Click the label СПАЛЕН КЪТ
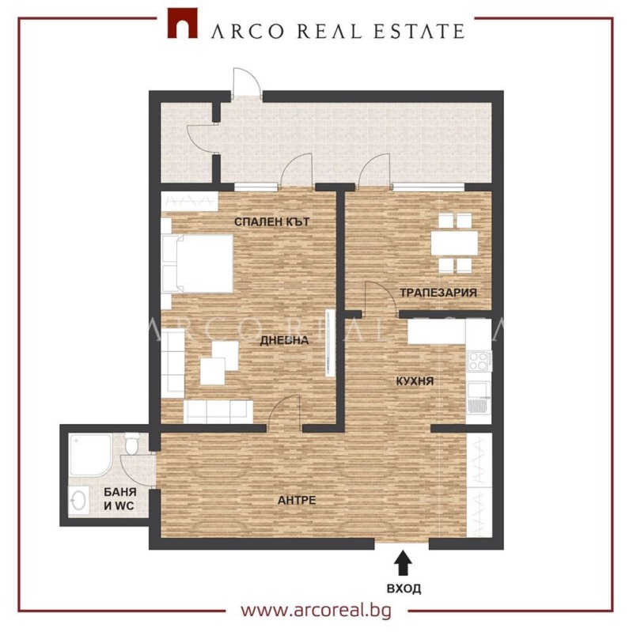tap(271, 222)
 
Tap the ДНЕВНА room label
tap(284, 341)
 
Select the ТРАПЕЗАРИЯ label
tap(438, 292)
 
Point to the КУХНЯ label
tap(415, 381)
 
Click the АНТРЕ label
tap(297, 500)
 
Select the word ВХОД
tap(404, 588)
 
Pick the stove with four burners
tap(479, 361)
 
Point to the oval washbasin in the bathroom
tap(78, 501)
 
